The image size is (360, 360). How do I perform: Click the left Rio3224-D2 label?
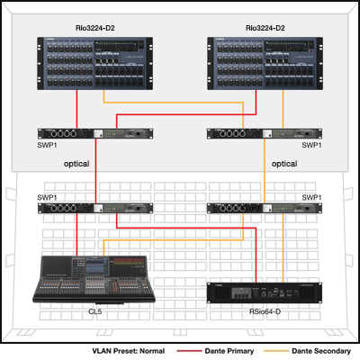pyautogui.click(x=95, y=28)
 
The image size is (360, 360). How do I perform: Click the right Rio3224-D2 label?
pyautogui.click(x=265, y=28)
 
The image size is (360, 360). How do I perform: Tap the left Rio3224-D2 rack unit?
pyautogui.click(x=95, y=63)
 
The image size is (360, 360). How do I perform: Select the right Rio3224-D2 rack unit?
pyautogui.click(x=265, y=63)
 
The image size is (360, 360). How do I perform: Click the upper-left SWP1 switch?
pyautogui.click(x=95, y=133)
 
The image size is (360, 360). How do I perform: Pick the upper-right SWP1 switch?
pyautogui.click(x=265, y=133)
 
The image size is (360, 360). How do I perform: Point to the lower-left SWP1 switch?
pyautogui.click(x=95, y=208)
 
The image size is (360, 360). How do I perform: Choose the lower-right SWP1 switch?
pyautogui.click(x=265, y=208)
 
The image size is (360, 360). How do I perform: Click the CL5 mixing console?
pyautogui.click(x=94, y=280)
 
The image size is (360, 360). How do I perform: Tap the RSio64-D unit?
pyautogui.click(x=265, y=292)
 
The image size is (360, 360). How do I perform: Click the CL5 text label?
pyautogui.click(x=95, y=311)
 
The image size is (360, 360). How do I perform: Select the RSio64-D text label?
pyautogui.click(x=265, y=311)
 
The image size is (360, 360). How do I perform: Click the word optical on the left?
pyautogui.click(x=76, y=164)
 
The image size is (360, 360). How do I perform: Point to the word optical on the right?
pyautogui.click(x=284, y=164)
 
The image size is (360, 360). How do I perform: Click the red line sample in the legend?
pyautogui.click(x=189, y=351)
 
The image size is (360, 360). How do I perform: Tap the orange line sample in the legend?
pyautogui.click(x=275, y=351)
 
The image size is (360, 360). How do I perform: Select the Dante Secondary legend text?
pyautogui.click(x=321, y=351)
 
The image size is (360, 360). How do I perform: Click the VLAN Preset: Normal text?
pyautogui.click(x=129, y=351)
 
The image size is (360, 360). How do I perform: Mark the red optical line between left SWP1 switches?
pyautogui.click(x=95, y=171)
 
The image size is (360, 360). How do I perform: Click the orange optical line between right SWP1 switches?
pyautogui.click(x=265, y=171)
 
